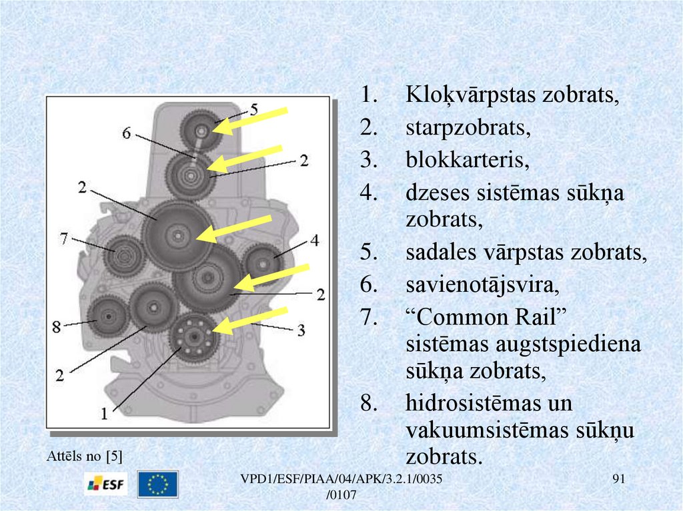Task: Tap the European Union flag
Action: [x=157, y=484]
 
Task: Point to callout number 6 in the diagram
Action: [x=126, y=133]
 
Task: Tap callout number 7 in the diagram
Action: [x=64, y=238]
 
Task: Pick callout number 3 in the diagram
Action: [x=301, y=329]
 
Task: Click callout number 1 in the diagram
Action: [x=104, y=413]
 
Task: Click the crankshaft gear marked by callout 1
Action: [x=193, y=333]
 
